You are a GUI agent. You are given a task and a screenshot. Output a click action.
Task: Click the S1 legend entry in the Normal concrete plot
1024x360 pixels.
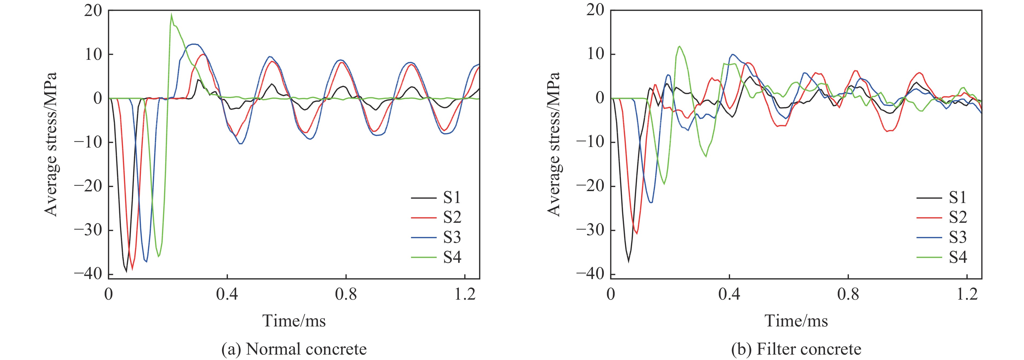[452, 198]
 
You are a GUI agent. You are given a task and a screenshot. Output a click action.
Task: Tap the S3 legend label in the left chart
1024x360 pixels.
[452, 237]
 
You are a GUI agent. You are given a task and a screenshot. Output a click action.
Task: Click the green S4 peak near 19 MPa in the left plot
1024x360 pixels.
[171, 15]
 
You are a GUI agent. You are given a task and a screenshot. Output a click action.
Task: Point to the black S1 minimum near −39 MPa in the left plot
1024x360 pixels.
[127, 271]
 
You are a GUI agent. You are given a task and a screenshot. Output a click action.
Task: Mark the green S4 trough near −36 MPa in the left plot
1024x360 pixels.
[158, 256]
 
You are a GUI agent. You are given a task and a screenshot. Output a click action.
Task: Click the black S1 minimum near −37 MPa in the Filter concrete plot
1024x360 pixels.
[628, 261]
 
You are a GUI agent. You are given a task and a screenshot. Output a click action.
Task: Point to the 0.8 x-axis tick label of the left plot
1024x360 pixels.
[346, 295]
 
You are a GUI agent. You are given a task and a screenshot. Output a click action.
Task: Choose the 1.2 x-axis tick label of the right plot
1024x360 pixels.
[967, 295]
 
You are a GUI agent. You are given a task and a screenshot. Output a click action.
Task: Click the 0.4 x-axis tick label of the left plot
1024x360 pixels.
[227, 295]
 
